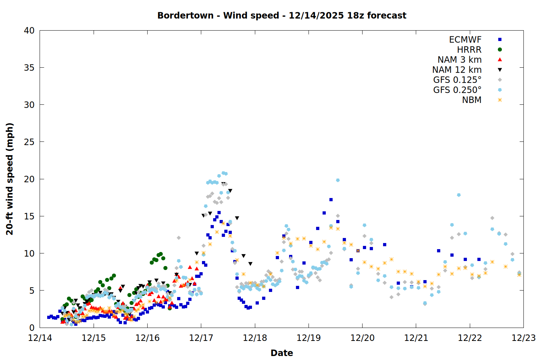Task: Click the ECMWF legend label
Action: click(x=465, y=40)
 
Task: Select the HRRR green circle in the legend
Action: click(x=500, y=50)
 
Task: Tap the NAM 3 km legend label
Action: click(x=459, y=60)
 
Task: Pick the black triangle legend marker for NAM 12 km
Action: click(x=500, y=70)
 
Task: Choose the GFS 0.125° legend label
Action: click(x=457, y=80)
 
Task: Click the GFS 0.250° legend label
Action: click(x=457, y=90)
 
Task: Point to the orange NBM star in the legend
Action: click(x=500, y=100)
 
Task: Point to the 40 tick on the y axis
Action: click(x=30, y=31)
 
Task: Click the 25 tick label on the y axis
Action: click(x=30, y=142)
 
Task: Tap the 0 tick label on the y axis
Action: click(x=32, y=328)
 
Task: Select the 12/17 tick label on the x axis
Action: click(x=201, y=338)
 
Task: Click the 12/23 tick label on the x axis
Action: click(x=523, y=338)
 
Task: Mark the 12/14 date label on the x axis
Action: click(x=40, y=338)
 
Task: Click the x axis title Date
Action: click(x=282, y=353)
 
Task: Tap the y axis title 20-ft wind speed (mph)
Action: click(x=10, y=179)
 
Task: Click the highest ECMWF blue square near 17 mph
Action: click(x=331, y=199)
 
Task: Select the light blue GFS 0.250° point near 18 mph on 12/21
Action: click(x=459, y=195)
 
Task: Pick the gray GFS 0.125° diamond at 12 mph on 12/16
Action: click(x=179, y=238)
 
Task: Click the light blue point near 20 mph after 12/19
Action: click(x=338, y=180)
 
